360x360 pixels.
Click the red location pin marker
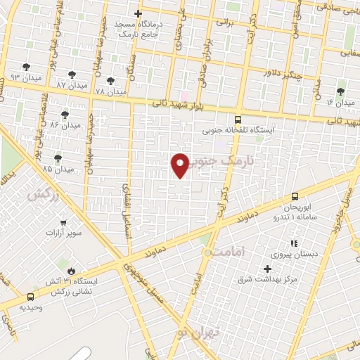(x=180, y=165)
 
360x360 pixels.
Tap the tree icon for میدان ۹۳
(x=27, y=67)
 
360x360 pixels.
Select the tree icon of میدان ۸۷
(x=72, y=75)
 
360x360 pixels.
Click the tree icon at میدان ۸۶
(x=65, y=115)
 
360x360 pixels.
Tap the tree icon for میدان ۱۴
(x=341, y=92)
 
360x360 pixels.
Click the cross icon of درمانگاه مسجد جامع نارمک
(x=138, y=13)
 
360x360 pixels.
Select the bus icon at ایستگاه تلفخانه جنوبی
(x=238, y=120)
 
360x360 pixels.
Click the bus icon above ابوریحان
(x=295, y=198)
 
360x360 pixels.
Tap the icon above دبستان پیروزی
(x=294, y=243)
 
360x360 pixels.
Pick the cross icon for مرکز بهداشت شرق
(x=267, y=269)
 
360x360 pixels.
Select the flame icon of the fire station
(x=70, y=271)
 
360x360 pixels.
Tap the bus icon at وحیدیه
(x=30, y=297)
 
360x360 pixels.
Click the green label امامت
(x=226, y=250)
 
